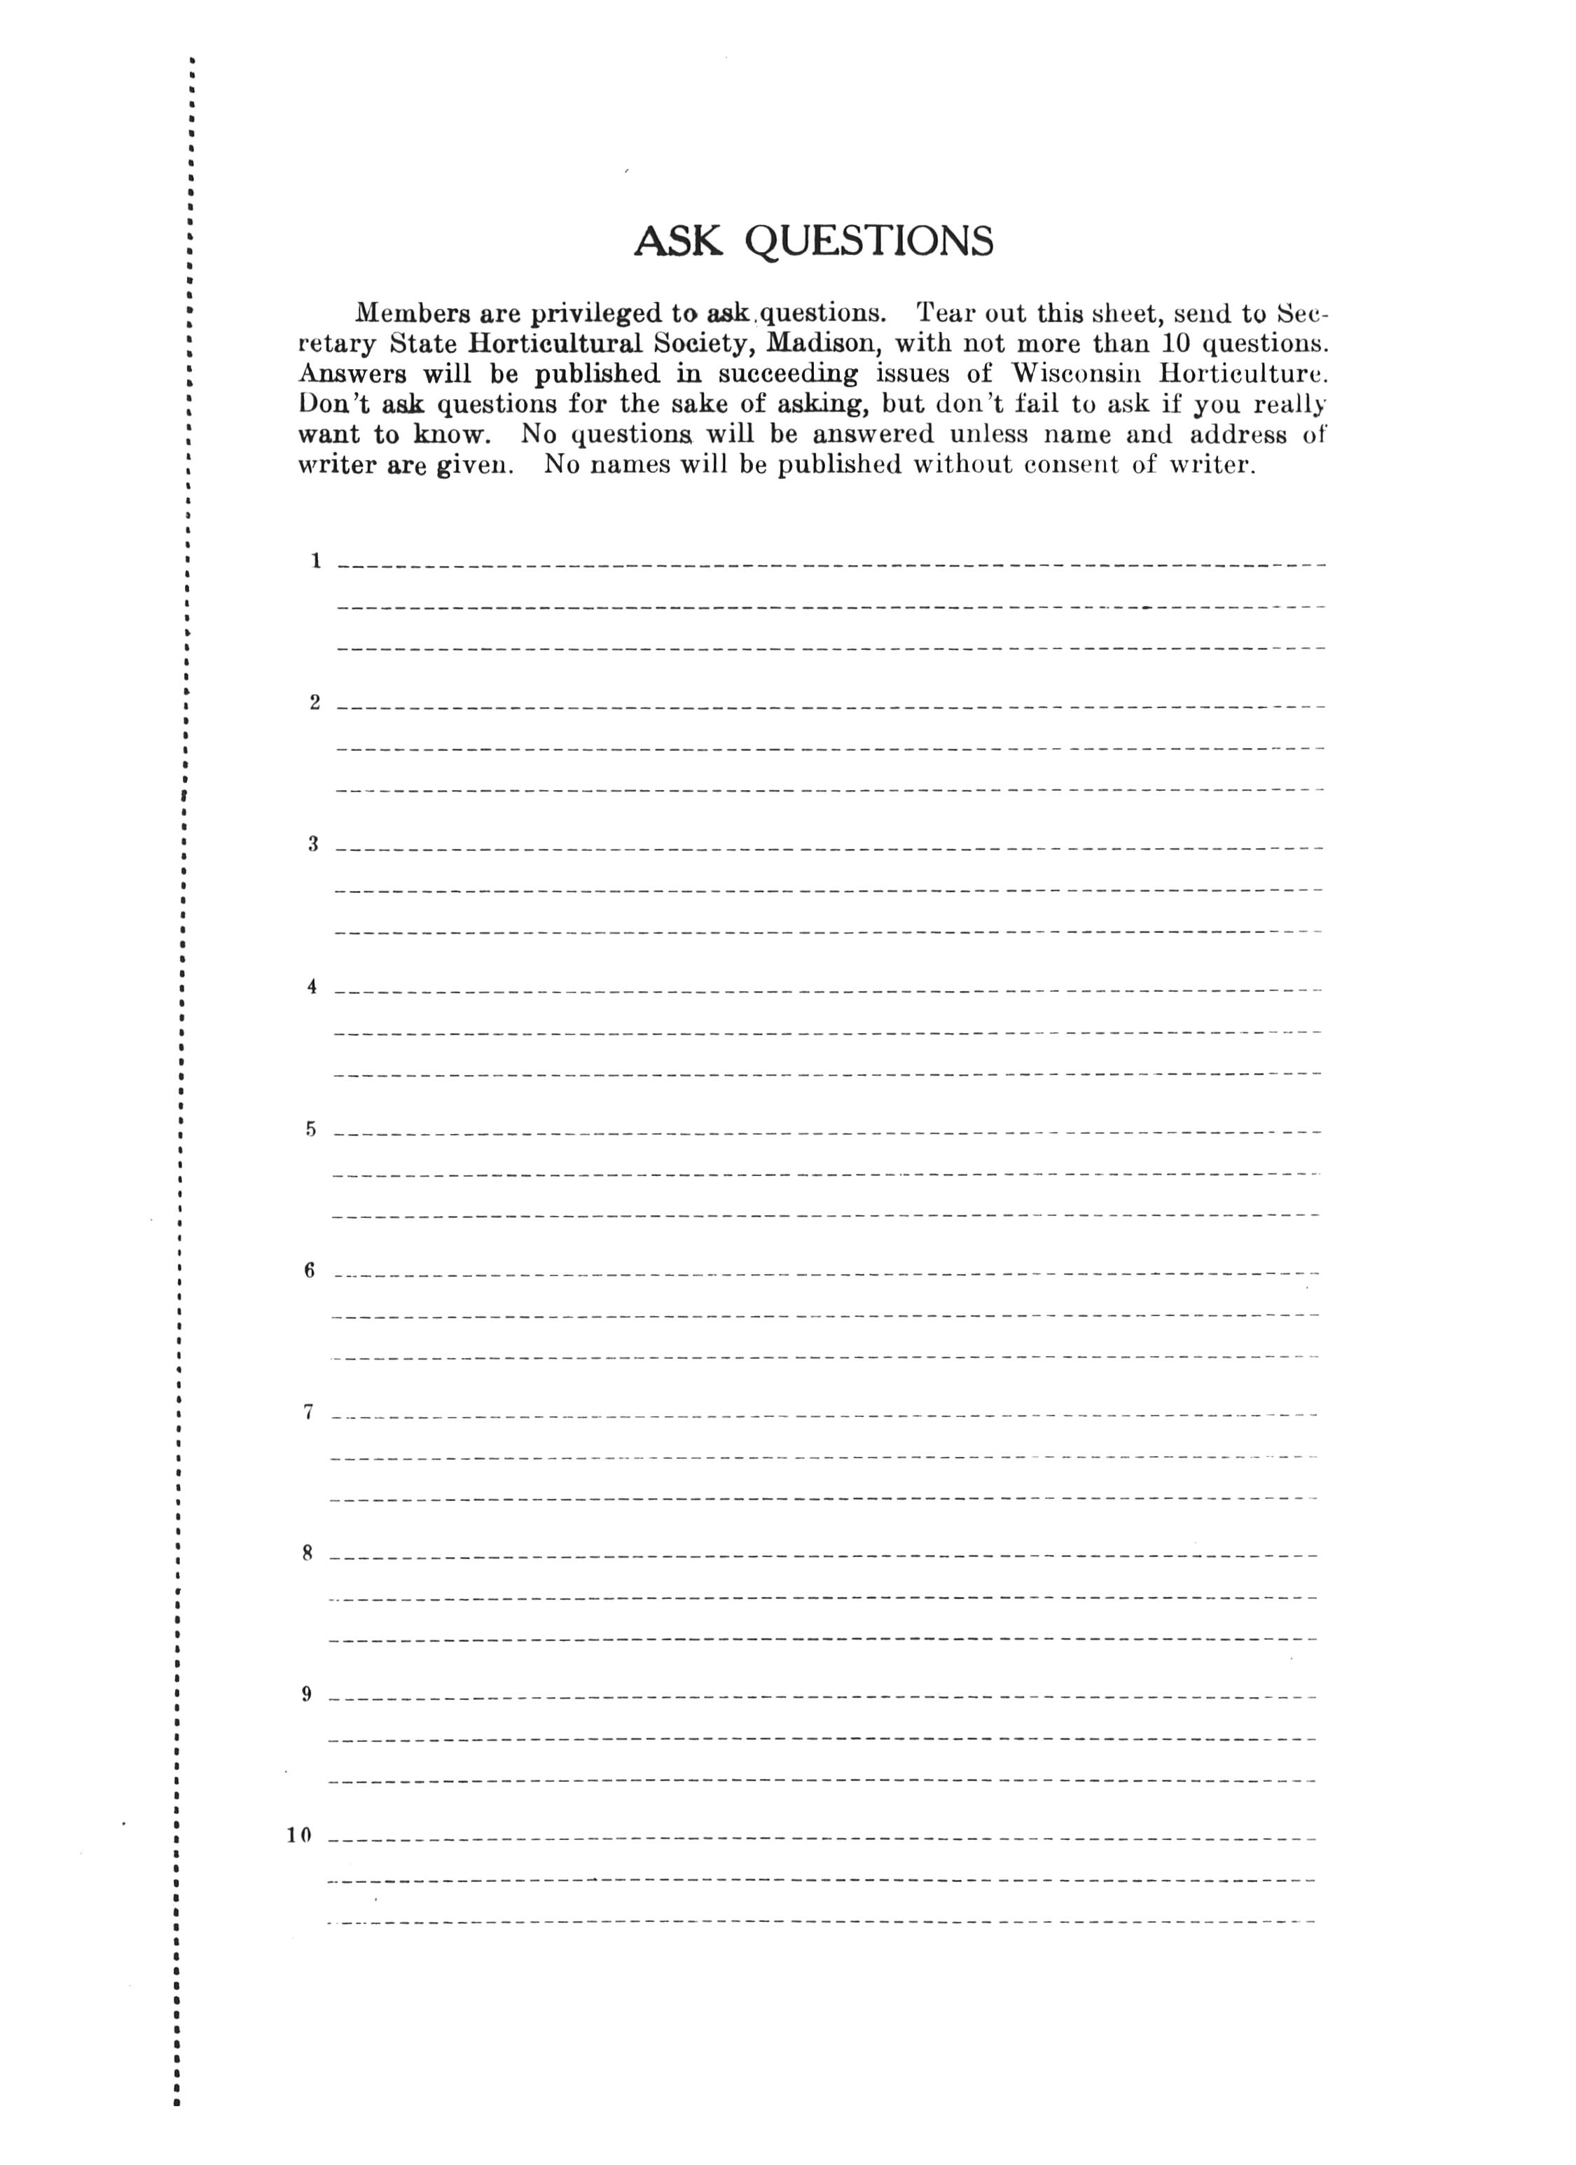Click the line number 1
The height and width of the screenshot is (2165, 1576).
[x=315, y=561]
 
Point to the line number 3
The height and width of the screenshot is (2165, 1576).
[x=312, y=844]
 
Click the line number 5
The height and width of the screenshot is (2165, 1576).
[x=310, y=1129]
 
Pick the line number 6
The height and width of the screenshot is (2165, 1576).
[x=310, y=1271]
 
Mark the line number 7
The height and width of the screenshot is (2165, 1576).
[x=308, y=1413]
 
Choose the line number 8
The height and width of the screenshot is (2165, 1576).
[x=307, y=1553]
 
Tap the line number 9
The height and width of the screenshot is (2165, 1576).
[x=306, y=1694]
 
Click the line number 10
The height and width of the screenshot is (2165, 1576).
[x=299, y=1836]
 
